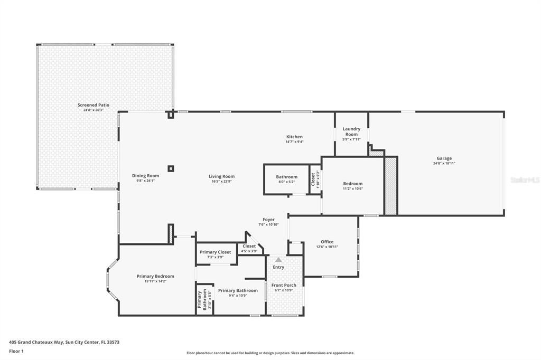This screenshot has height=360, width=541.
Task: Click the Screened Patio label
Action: (x=94, y=105)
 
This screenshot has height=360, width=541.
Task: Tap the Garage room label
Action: (x=444, y=158)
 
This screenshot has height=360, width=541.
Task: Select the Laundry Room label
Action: (x=351, y=131)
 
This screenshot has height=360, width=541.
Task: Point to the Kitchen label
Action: (x=294, y=137)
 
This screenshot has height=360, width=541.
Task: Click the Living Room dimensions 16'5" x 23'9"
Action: (x=221, y=181)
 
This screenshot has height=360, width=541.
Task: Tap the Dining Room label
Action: (x=146, y=176)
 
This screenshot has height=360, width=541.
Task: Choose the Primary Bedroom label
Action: (x=155, y=276)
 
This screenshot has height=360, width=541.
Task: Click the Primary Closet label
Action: (x=216, y=252)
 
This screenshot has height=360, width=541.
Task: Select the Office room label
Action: (x=327, y=242)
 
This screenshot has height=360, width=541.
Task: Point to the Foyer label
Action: (x=268, y=220)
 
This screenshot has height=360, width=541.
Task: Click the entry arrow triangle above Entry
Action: (x=278, y=259)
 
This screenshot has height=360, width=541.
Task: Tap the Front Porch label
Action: (x=284, y=285)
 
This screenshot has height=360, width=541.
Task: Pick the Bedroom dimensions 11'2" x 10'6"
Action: (x=352, y=188)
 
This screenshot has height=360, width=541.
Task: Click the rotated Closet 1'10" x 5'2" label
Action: (x=315, y=179)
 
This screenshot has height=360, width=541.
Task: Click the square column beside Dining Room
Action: (x=171, y=168)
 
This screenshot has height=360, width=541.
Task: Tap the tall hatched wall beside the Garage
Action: (x=390, y=186)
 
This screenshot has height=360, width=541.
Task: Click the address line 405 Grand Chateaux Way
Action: (x=64, y=343)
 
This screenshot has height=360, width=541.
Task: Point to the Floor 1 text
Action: (x=16, y=352)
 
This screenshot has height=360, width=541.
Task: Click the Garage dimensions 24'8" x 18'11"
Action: (x=444, y=164)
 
